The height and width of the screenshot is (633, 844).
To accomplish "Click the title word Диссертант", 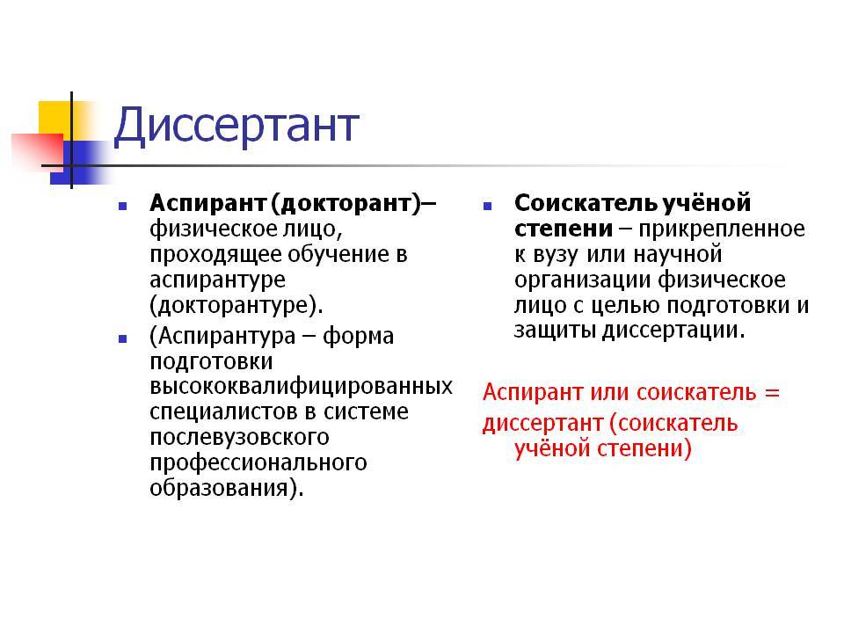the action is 236,127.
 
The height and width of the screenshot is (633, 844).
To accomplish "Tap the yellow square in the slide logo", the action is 56,120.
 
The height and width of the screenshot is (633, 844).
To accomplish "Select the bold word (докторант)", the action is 346,203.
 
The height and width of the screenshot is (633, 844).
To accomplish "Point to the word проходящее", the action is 215,255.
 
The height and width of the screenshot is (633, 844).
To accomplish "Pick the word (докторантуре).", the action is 236,306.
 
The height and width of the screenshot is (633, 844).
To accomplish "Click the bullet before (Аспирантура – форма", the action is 123,338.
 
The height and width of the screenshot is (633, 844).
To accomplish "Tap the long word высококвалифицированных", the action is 302,387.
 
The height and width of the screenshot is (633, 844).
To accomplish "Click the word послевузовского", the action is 239,437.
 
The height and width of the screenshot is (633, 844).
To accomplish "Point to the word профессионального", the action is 258,463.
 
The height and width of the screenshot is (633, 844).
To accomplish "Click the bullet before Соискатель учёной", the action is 487,206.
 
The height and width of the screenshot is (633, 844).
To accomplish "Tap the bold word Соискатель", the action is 586,203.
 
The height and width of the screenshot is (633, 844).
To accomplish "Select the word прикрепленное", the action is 723,229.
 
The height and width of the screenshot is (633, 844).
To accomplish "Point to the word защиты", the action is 555,331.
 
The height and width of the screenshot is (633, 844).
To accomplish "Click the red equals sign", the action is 773,392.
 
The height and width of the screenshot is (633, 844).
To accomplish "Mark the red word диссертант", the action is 543,423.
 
